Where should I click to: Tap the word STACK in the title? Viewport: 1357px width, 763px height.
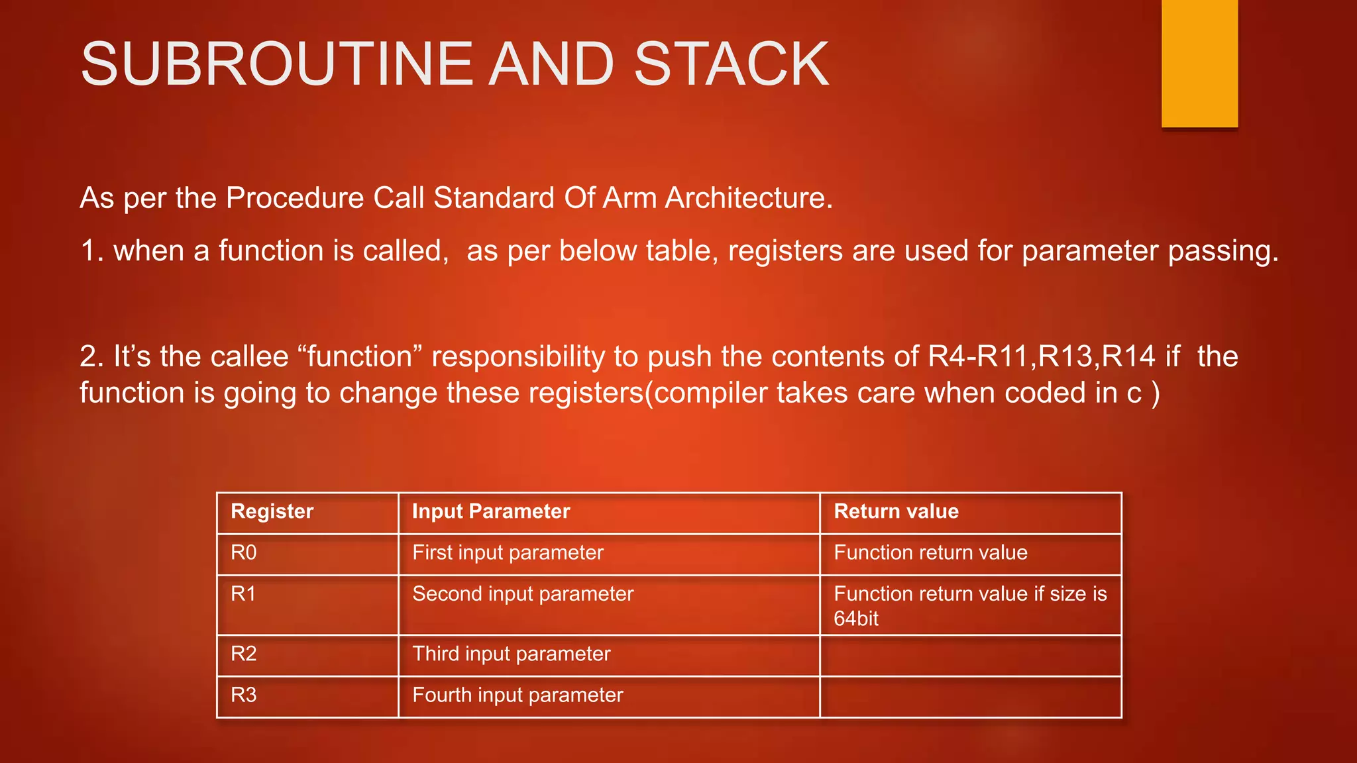point(732,64)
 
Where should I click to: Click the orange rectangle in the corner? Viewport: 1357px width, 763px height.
point(1199,63)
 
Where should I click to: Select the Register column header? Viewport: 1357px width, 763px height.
point(272,511)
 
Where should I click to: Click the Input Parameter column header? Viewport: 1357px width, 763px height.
point(490,511)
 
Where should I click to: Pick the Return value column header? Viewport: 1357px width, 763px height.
point(896,511)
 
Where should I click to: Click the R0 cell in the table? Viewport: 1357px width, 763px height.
point(243,552)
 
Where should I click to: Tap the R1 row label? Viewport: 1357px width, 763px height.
point(243,593)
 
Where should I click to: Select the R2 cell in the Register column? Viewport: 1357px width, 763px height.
point(243,654)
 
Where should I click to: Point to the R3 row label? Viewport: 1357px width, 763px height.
point(243,695)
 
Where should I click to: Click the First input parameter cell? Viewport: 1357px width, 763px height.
point(508,552)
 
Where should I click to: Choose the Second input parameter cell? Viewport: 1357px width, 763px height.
point(523,593)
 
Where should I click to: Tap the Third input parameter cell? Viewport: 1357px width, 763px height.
point(511,654)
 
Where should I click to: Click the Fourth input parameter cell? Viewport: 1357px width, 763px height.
point(517,695)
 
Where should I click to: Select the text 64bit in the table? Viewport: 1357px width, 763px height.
point(856,619)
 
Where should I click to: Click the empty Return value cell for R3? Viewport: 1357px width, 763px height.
point(970,696)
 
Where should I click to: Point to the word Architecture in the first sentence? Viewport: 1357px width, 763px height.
point(749,198)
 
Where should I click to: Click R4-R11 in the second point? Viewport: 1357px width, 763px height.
point(979,357)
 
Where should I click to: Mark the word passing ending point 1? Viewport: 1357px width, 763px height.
point(1221,252)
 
